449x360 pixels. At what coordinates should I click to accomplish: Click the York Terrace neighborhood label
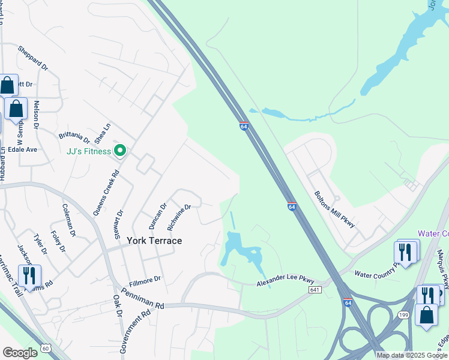[x=154, y=240]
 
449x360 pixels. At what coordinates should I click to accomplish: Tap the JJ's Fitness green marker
[x=120, y=151]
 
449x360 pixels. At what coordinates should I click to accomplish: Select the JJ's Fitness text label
[x=89, y=151]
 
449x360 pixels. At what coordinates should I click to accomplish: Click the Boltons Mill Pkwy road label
[x=335, y=209]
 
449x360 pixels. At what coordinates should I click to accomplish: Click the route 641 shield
[x=315, y=289]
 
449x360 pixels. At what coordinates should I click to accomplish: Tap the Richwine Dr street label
[x=179, y=217]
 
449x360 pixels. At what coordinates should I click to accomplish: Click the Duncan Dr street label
[x=157, y=217]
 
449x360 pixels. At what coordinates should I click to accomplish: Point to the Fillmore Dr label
[x=145, y=279]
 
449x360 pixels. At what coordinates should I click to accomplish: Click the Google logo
[x=20, y=353]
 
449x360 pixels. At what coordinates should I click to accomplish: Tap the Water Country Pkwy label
[x=377, y=274]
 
